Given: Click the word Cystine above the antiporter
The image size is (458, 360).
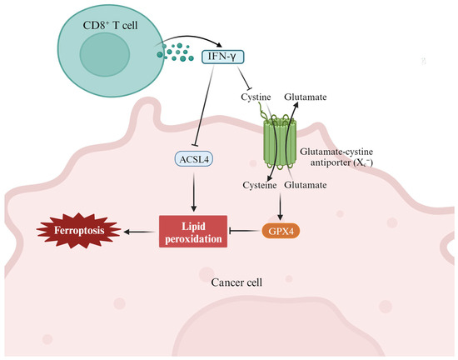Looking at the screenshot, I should point(256,98).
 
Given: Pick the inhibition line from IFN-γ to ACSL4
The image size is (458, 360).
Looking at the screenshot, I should point(204,108).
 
